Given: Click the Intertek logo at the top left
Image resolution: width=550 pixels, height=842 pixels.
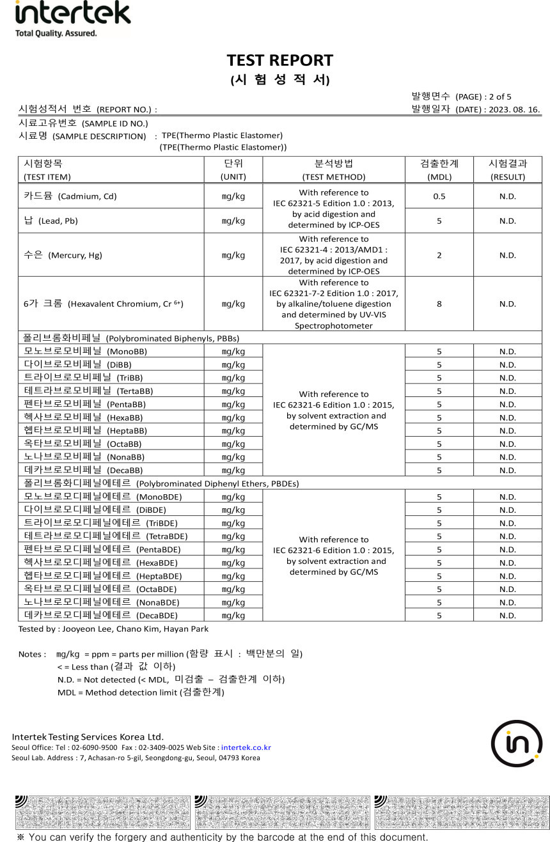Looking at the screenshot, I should (x=72, y=18).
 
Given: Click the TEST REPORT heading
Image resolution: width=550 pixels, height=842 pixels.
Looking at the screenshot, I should (x=279, y=60).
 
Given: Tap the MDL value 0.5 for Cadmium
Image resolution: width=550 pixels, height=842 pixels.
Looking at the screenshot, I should (x=439, y=196).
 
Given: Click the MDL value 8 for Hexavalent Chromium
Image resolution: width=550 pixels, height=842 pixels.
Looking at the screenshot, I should (x=439, y=304).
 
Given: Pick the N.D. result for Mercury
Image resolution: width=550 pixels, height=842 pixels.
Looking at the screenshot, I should (x=508, y=255).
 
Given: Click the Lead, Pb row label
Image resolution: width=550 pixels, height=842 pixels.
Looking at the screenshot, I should (x=51, y=221).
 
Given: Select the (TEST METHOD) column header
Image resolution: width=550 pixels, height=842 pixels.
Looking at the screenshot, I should (x=333, y=177).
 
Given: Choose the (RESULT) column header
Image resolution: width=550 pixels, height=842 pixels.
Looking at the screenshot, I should (x=507, y=177).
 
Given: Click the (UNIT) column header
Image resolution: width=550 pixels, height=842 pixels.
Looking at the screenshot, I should (x=233, y=177).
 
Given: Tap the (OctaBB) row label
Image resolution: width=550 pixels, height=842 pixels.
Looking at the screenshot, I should (x=124, y=444).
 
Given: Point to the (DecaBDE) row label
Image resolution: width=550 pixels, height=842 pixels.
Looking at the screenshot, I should (x=157, y=616).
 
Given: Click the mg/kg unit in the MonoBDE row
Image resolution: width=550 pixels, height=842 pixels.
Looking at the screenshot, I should (x=233, y=497).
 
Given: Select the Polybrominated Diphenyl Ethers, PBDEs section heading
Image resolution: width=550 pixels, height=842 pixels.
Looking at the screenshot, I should (x=217, y=483).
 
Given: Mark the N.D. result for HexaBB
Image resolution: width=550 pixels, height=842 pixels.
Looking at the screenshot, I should (x=508, y=417).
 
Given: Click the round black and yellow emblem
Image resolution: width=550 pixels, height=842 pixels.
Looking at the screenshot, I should (x=517, y=744).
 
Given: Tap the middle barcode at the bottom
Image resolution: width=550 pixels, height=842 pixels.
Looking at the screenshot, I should (x=281, y=812).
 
